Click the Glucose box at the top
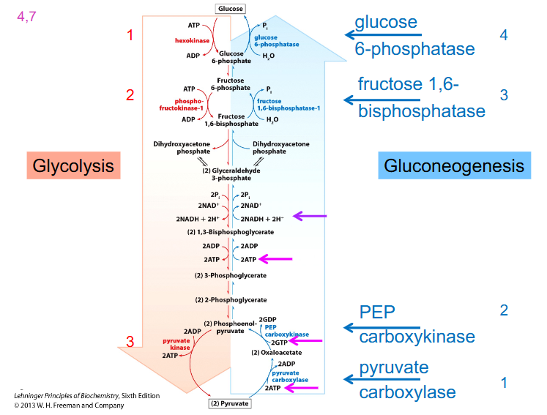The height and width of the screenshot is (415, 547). click(230, 8)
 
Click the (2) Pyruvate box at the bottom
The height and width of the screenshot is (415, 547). click(230, 403)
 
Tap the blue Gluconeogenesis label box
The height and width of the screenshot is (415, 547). click(454, 165)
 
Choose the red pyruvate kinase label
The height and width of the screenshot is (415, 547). click(176, 345)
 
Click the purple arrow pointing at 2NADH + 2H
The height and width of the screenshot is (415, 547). click(310, 216)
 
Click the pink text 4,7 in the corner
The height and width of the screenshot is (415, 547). click(26, 15)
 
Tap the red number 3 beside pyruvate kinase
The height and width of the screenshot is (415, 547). click(130, 342)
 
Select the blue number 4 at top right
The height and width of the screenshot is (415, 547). click(503, 35)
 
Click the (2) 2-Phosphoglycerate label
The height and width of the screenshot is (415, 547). click(230, 299)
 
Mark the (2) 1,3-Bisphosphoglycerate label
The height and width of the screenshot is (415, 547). click(230, 232)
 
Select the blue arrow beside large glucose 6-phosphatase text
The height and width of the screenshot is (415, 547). click(382, 34)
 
